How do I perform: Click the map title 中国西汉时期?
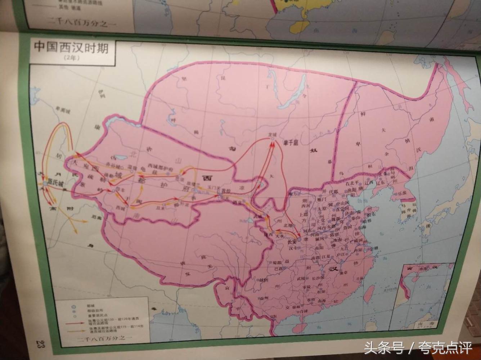pos(71,48)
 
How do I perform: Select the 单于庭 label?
pos(291,143)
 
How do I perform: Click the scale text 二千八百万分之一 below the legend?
pos(103,338)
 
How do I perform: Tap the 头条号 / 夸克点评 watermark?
pos(418,348)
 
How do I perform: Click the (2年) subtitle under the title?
pos(71,58)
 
